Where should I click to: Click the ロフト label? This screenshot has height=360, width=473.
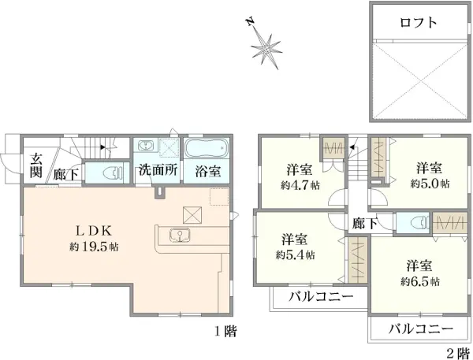pos(419,23)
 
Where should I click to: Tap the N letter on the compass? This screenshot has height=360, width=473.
pos(250,22)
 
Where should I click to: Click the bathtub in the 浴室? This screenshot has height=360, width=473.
pos(206,148)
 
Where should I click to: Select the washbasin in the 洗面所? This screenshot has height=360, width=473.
pos(145,147)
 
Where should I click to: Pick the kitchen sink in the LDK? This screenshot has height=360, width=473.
pos(180,236)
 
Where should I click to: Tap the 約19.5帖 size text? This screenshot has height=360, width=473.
pos(94,247)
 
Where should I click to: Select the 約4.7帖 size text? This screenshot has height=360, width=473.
pos(300,185)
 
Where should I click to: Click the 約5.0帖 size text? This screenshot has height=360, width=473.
pos(430,184)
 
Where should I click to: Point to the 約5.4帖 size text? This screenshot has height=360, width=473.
pos(295,255)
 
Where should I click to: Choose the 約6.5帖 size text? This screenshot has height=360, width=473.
pos(420,281)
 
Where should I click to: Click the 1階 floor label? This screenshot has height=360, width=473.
pos(225,332)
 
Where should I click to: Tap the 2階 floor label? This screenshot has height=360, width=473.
pos(458,353)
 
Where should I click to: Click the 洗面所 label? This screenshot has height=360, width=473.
pos(158,170)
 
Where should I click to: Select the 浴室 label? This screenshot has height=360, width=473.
pos(208,171)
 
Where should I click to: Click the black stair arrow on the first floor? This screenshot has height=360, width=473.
pos(102,147)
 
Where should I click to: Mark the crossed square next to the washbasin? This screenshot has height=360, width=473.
pos(169,147)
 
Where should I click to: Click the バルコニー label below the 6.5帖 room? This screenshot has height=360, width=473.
pos(420,328)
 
